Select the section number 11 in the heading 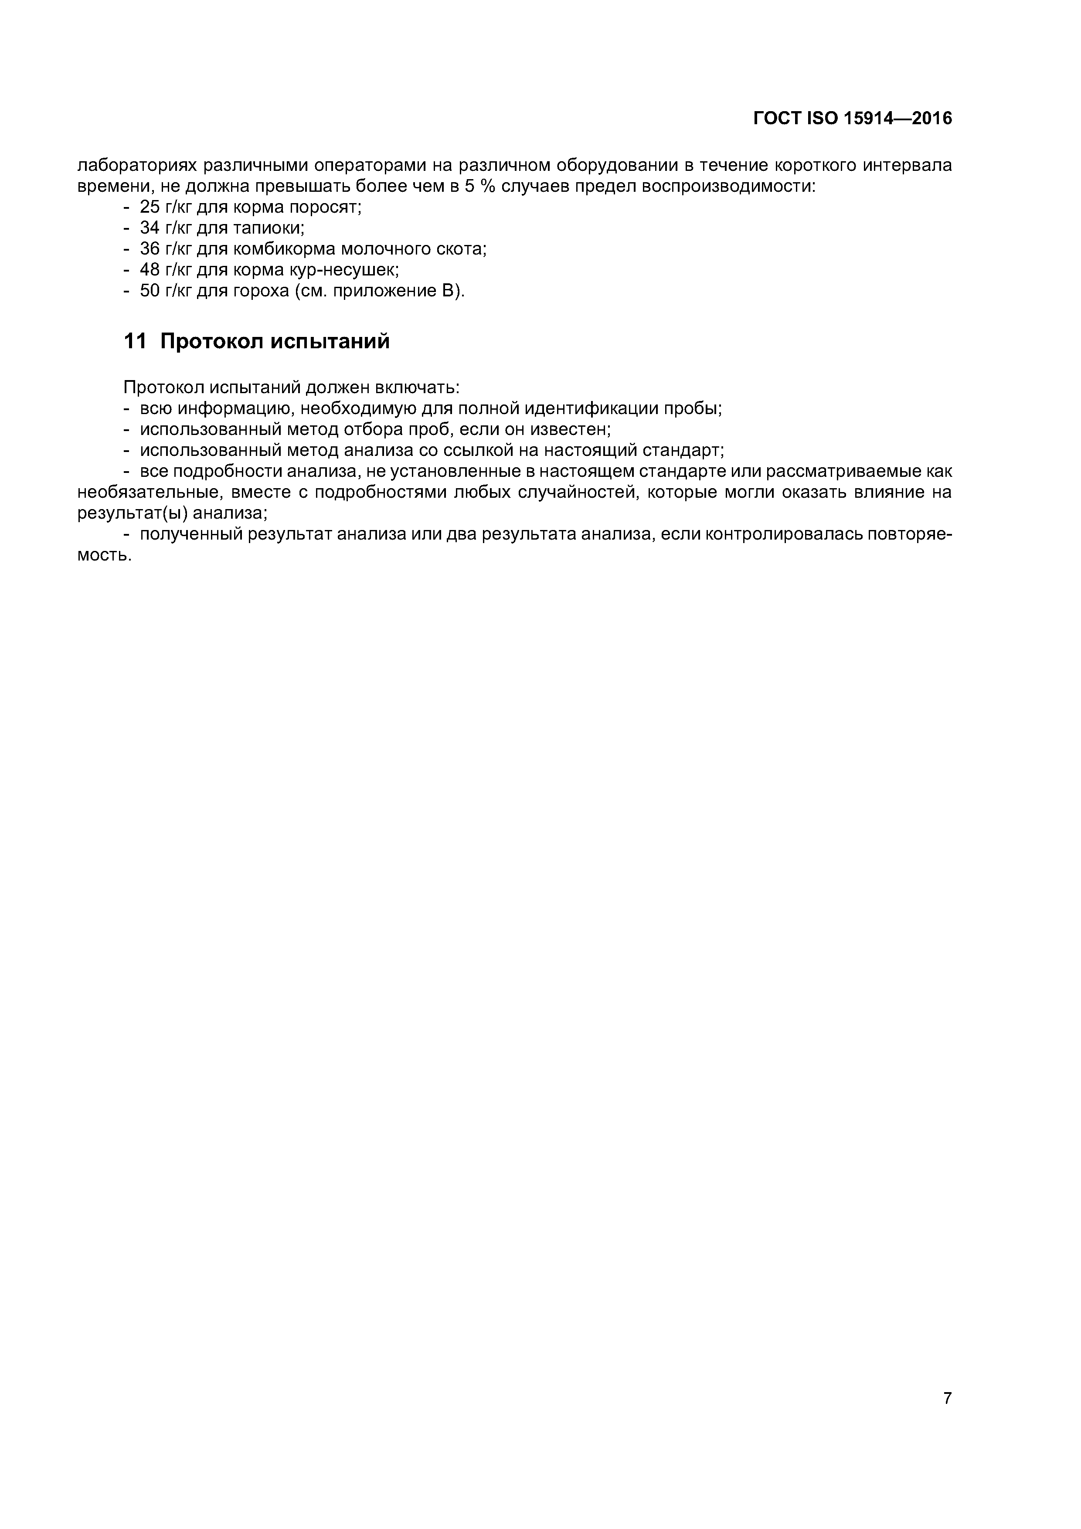(135, 342)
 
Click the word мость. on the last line (105, 555)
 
